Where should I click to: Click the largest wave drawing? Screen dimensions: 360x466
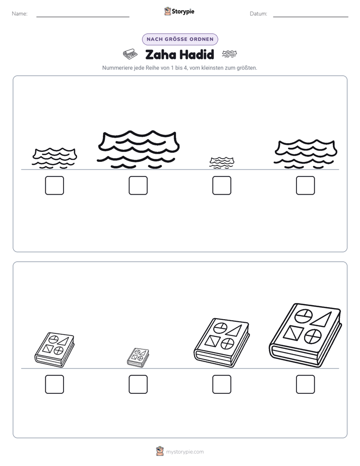click(x=138, y=149)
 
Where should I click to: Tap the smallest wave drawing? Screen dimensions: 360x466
click(x=221, y=163)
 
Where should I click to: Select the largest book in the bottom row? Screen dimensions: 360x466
click(x=306, y=335)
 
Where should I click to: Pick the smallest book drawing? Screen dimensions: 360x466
click(x=138, y=358)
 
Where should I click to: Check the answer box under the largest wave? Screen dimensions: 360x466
click(x=138, y=186)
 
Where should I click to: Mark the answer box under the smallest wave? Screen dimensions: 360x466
click(x=221, y=186)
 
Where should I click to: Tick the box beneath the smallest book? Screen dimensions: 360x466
click(x=138, y=384)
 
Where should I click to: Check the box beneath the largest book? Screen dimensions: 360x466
click(x=306, y=384)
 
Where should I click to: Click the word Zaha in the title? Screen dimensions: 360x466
click(x=160, y=54)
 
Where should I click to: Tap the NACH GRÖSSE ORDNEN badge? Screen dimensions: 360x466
click(x=180, y=39)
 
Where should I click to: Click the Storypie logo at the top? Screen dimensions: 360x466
click(x=179, y=11)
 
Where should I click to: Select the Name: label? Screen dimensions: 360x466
click(x=20, y=14)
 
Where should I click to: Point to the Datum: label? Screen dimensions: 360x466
click(x=259, y=14)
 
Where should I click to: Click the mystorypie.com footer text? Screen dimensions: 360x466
click(x=185, y=452)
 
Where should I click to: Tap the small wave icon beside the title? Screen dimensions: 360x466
click(x=229, y=54)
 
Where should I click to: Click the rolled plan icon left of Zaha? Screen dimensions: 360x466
click(x=130, y=54)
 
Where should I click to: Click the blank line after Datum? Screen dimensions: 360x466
click(x=311, y=17)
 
